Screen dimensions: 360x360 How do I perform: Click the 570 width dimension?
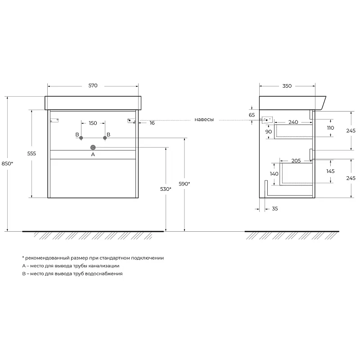point(93,85)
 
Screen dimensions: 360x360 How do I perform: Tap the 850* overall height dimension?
point(7,163)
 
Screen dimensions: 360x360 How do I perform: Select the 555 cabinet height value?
point(31,153)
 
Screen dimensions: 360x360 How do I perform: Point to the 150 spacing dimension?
point(93,123)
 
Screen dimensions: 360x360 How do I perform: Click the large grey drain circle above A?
point(93,148)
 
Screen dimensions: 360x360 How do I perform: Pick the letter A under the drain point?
point(93,154)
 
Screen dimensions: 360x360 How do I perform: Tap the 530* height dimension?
point(166,189)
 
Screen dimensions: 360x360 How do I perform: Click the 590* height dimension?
point(184,184)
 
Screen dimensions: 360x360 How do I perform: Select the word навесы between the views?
point(204,120)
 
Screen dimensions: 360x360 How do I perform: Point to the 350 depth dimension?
point(287,86)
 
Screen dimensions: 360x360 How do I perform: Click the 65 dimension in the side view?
point(252,115)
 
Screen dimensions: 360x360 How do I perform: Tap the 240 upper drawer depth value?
point(293,122)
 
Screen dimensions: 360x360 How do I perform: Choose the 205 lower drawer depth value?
point(296,161)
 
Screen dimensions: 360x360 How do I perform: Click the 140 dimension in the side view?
point(274,174)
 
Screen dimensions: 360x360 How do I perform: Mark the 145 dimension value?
point(330,171)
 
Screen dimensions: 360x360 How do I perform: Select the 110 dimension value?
point(330,128)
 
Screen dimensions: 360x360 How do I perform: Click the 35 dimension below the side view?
point(275,209)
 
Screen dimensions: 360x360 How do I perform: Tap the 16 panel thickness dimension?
point(152,123)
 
